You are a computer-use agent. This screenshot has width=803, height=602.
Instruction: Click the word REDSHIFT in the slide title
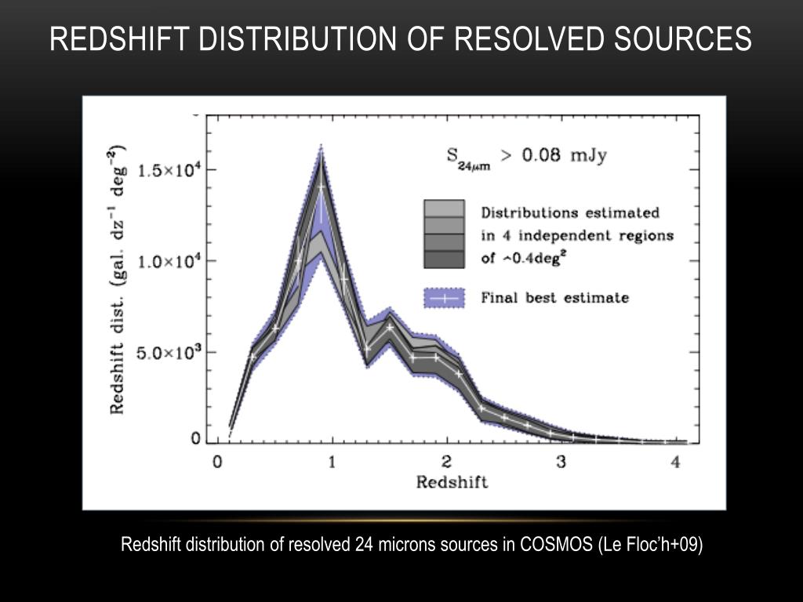[x=118, y=38]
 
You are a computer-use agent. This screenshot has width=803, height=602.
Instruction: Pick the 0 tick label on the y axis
[x=196, y=439]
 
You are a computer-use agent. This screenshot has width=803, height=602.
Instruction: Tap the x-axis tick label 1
[x=332, y=462]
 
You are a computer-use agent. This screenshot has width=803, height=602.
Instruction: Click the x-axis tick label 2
[x=447, y=462]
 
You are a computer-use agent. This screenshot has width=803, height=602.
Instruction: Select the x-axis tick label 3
[x=561, y=462]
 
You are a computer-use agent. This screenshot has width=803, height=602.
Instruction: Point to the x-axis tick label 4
[x=676, y=462]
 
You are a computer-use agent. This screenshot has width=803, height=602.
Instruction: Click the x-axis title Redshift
[x=452, y=482]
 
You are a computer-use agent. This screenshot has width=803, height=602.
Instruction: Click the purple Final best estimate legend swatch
[x=444, y=298]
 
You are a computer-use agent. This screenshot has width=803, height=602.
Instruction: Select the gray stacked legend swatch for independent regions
[x=444, y=234]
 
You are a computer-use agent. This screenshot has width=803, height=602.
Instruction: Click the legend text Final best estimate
[x=554, y=298]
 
